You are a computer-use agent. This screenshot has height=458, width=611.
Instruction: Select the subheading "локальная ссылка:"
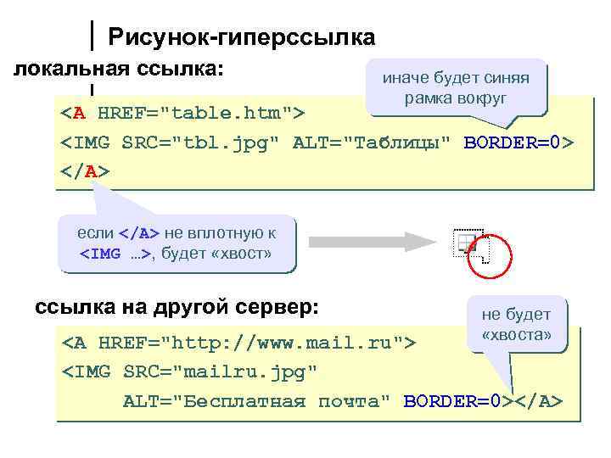point(120,68)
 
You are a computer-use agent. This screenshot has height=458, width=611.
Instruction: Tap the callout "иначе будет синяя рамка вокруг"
point(456,88)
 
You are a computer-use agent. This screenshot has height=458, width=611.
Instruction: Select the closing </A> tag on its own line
point(85,170)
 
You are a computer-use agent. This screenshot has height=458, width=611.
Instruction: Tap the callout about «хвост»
point(176,242)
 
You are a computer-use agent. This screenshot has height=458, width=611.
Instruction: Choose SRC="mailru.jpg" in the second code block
point(221,371)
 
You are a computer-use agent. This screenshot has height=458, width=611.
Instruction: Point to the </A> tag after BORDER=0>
point(537,399)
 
